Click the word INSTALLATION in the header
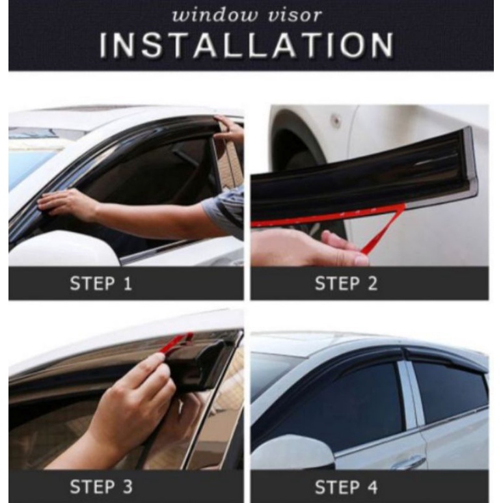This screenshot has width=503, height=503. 247,45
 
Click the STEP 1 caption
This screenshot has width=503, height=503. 101,284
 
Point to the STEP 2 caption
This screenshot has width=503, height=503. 346,284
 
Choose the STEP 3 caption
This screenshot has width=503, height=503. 101,487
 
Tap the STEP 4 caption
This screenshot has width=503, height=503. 346,487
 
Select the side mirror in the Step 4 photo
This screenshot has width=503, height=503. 293,452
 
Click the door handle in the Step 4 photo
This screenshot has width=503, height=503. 407,462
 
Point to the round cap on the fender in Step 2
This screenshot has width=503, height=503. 336,119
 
